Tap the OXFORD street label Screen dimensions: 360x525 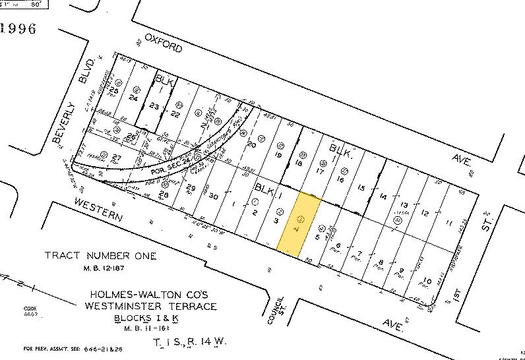pos(162,45)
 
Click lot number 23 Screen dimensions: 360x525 pos(154,105)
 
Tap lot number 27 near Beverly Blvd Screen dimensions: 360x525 pos(117,157)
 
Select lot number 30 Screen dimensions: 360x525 pos(213,196)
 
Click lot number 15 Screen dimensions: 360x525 pos(361,187)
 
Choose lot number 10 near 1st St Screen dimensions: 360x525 pos(427,279)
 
